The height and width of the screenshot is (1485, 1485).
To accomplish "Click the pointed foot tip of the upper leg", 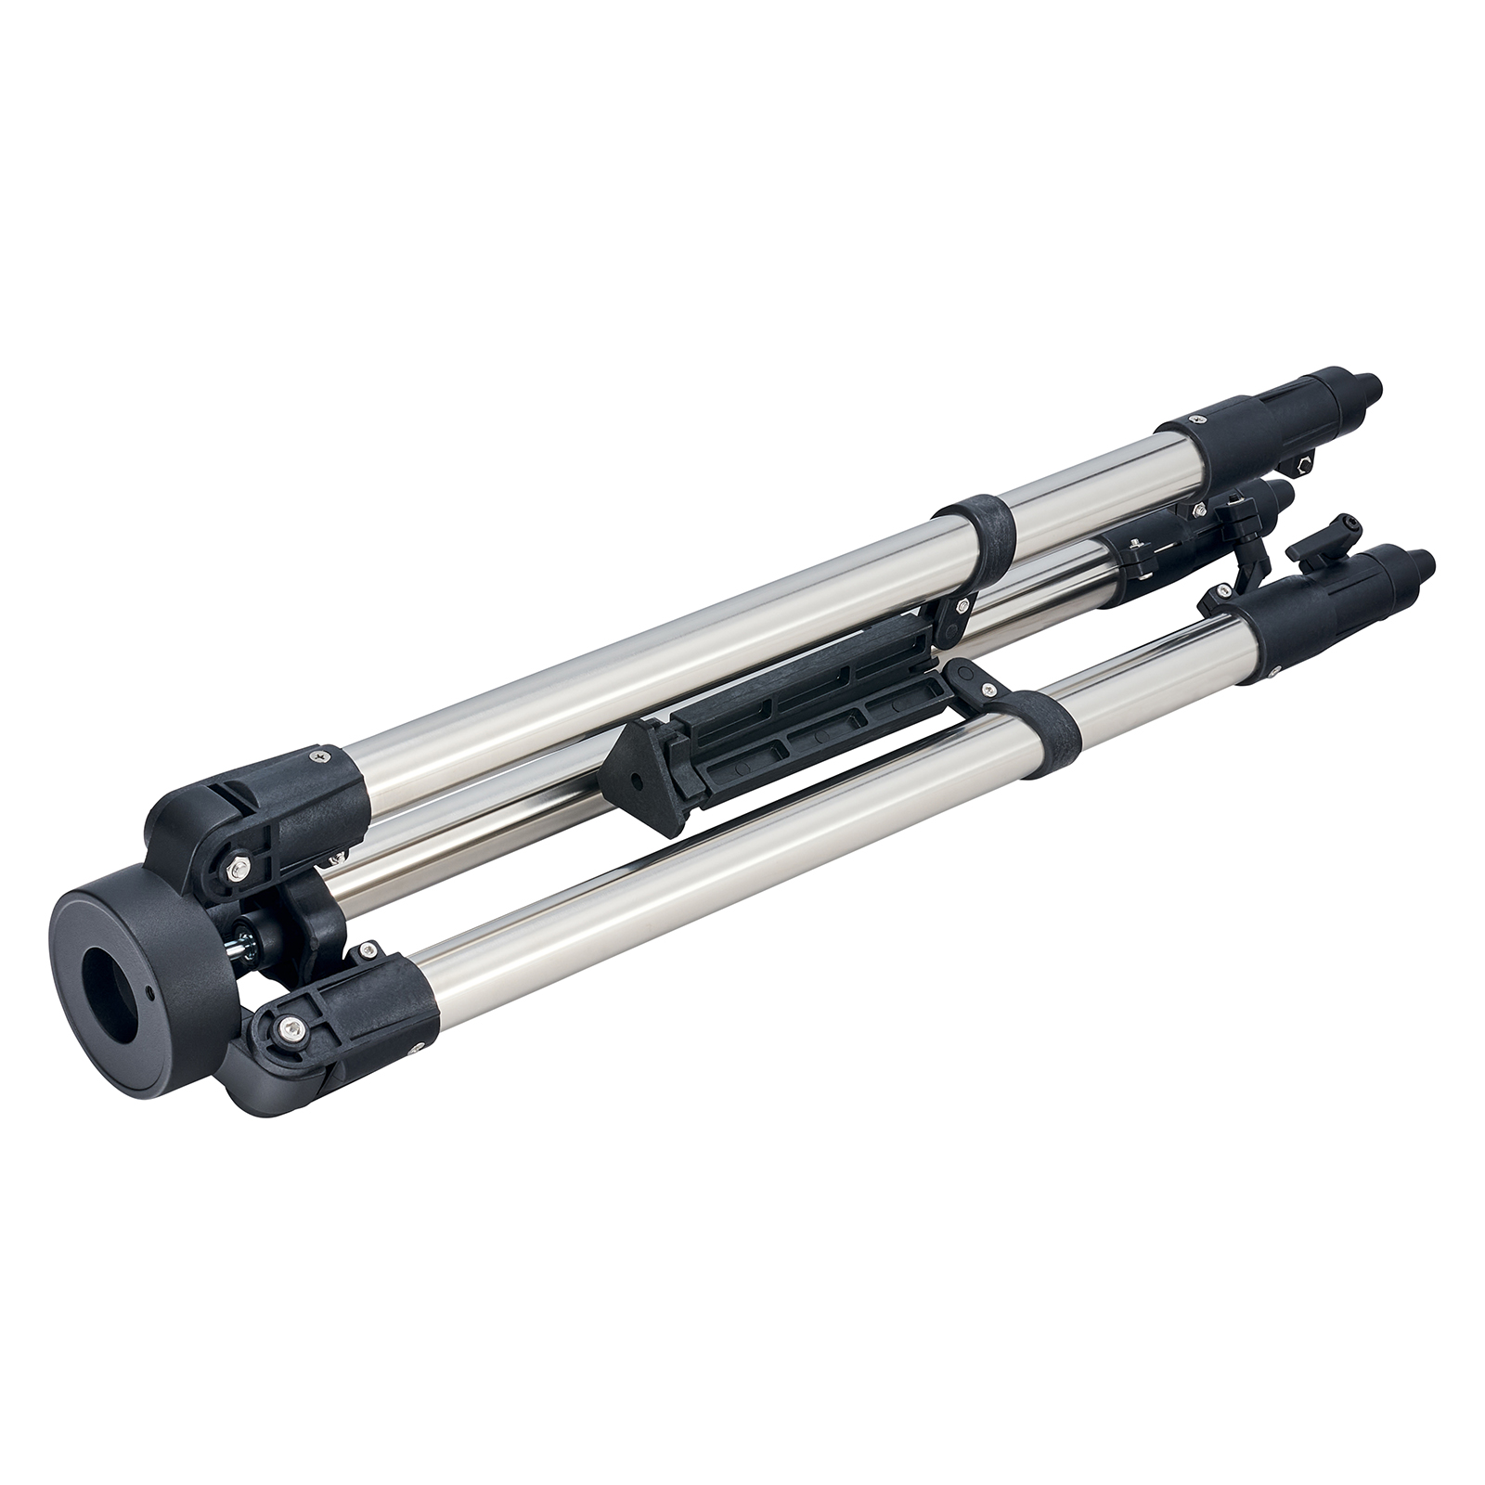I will coord(1369,385).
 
